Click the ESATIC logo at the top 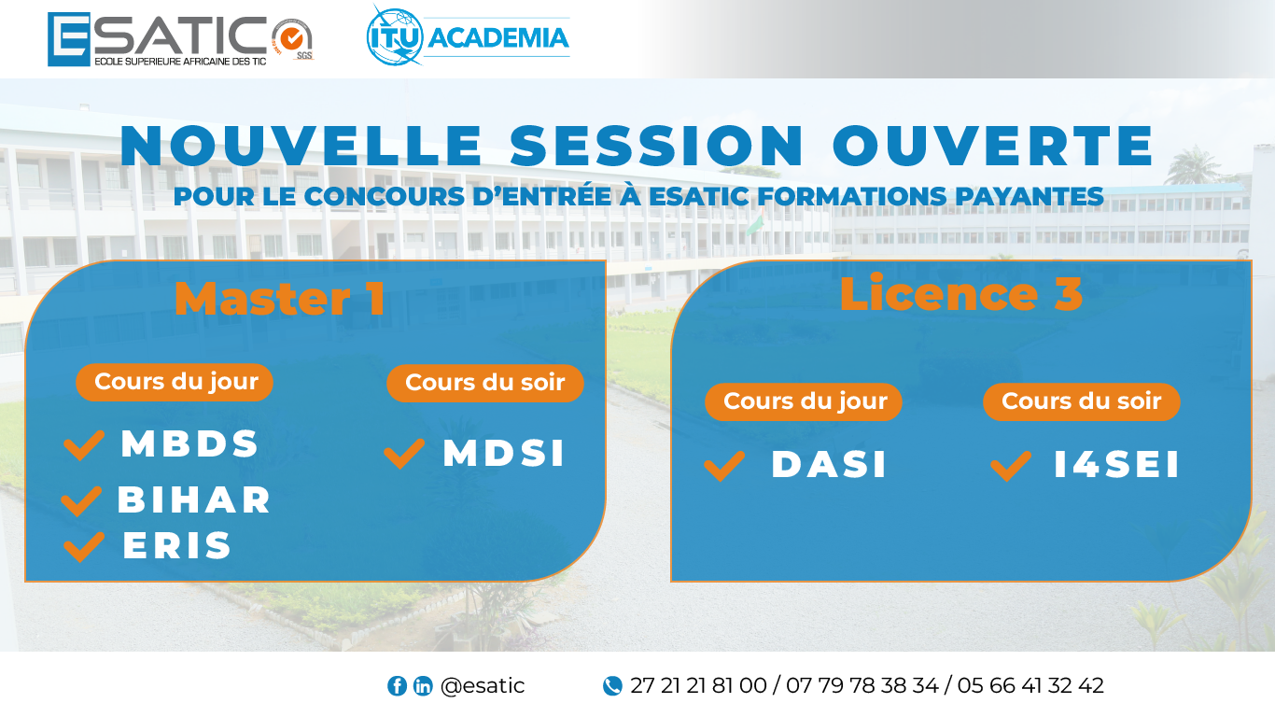(180, 39)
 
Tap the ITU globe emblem (395, 35)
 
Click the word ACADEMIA (498, 37)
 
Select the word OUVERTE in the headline (993, 146)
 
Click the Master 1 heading (280, 298)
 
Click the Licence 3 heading (961, 293)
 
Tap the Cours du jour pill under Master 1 (175, 382)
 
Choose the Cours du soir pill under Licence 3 (1082, 401)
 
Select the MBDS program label (189, 443)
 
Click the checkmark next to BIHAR (81, 501)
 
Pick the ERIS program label (177, 545)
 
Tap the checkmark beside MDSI (404, 454)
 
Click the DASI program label (829, 464)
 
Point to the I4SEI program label (1116, 464)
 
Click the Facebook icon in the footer (398, 685)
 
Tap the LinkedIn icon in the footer (422, 685)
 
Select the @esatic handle (483, 685)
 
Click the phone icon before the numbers (612, 685)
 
